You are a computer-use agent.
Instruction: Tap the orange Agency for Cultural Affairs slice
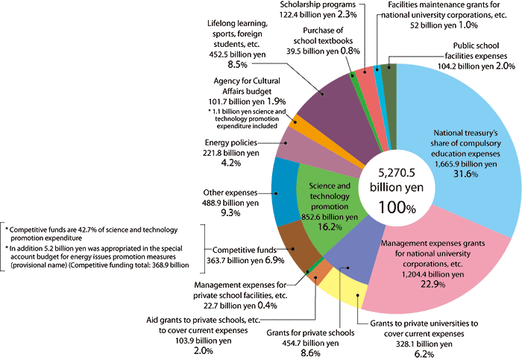coord(297,126)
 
